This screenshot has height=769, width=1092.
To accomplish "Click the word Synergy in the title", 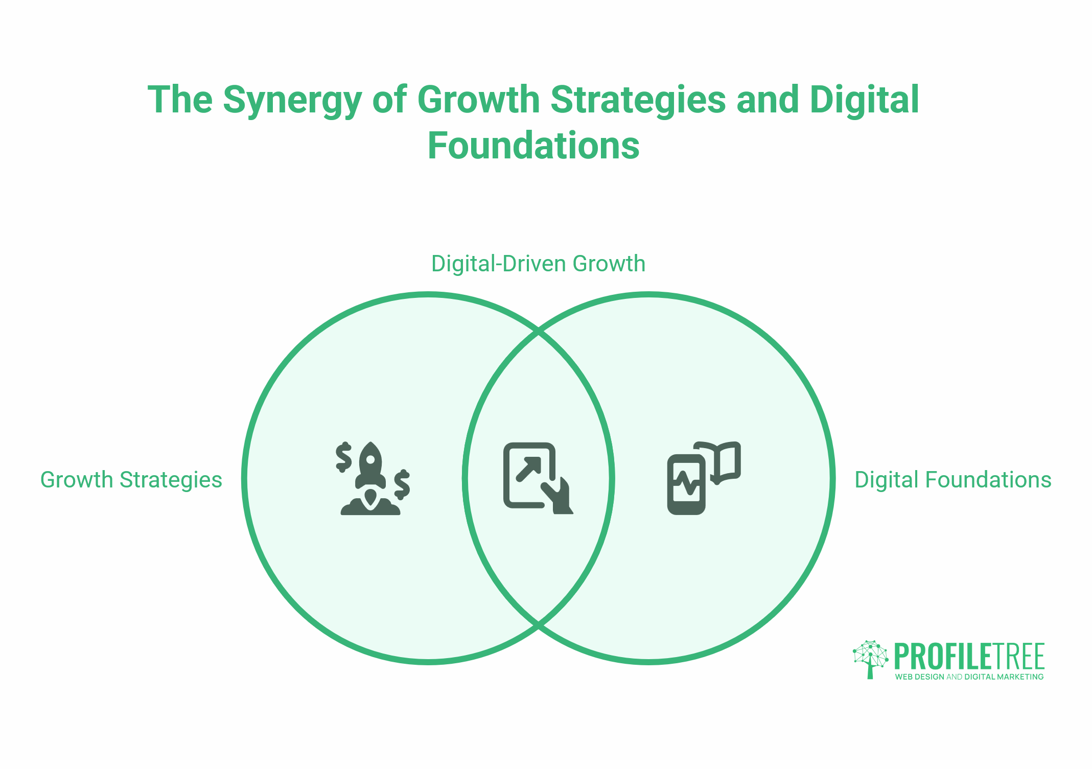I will tap(292, 100).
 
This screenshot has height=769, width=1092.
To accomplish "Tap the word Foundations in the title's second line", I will tap(533, 146).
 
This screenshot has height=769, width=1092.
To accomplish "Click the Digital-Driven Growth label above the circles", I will tap(538, 264).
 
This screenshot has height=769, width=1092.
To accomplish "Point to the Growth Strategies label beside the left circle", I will tap(131, 480).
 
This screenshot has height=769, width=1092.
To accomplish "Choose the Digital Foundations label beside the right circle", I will tap(953, 480).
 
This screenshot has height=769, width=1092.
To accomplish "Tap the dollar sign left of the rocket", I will tap(343, 457).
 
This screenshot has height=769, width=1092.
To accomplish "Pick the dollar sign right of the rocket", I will tap(402, 484).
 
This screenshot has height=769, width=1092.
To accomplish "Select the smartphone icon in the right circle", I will tap(686, 484).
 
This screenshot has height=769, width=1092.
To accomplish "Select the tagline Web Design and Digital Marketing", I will tap(969, 677).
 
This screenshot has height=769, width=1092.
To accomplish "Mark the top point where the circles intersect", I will tap(539, 333).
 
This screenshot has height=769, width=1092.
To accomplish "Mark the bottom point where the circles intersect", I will tap(539, 624).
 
